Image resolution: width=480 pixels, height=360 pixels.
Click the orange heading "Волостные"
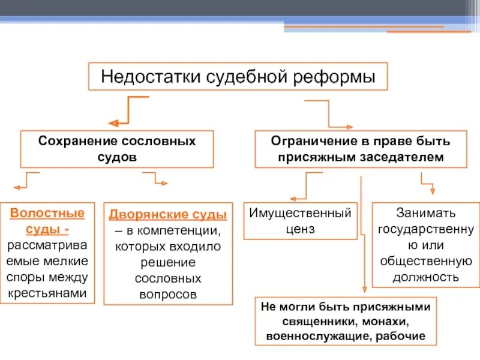coord(47,213)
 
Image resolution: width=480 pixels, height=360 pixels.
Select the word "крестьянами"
coord(47,293)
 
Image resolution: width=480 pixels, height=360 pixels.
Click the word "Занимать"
coord(426,213)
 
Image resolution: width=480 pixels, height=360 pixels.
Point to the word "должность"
coord(426,277)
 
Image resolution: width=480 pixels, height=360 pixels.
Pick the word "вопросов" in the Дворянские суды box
coord(167,295)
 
